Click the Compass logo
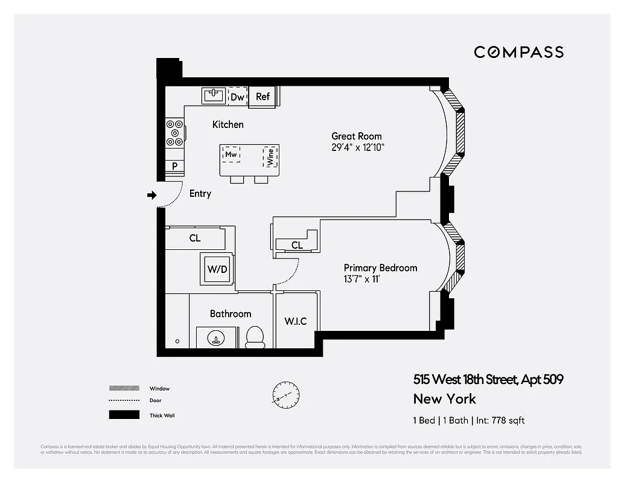518,52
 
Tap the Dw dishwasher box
237,97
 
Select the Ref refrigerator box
263,97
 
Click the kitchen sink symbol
214,95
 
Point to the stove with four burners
175,132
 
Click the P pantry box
174,166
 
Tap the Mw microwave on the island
231,154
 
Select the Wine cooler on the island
270,156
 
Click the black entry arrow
152,195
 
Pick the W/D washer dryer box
217,269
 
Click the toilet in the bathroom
255,337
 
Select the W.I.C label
296,321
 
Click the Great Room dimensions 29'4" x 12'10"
358,147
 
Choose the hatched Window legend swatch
119,388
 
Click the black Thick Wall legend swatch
119,415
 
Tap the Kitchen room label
228,124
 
